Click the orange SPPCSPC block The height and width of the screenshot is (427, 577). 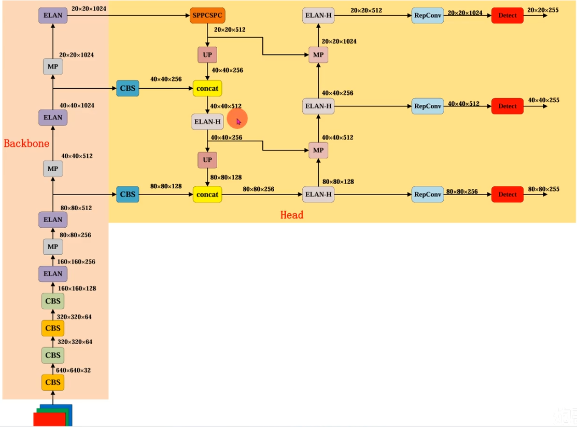coord(207,16)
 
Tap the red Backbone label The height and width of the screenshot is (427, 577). coord(26,143)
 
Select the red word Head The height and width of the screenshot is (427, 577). coord(292,215)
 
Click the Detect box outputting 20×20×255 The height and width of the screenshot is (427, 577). coord(507,16)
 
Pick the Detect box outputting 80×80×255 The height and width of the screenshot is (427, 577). coord(507,195)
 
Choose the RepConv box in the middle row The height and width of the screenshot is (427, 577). coord(428,106)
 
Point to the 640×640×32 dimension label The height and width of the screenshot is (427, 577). coord(73,370)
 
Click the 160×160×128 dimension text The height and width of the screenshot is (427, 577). coord(77,288)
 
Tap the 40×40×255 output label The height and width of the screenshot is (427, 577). coord(543,100)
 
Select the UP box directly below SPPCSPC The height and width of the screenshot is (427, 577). coord(207,55)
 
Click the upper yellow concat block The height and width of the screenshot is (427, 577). coord(207,88)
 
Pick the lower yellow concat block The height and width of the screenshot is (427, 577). coord(207,195)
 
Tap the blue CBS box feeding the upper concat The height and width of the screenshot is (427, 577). coord(128,88)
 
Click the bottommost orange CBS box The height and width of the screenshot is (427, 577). coord(53,382)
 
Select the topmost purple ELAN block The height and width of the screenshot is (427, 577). coord(53,16)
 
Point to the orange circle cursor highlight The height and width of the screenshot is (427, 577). coord(237,119)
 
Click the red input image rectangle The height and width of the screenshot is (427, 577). coord(49,419)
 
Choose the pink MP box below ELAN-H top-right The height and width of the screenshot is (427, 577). coord(318,55)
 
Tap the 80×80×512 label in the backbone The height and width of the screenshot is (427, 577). coord(76,208)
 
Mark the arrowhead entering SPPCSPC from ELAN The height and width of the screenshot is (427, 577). coord(188,16)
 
